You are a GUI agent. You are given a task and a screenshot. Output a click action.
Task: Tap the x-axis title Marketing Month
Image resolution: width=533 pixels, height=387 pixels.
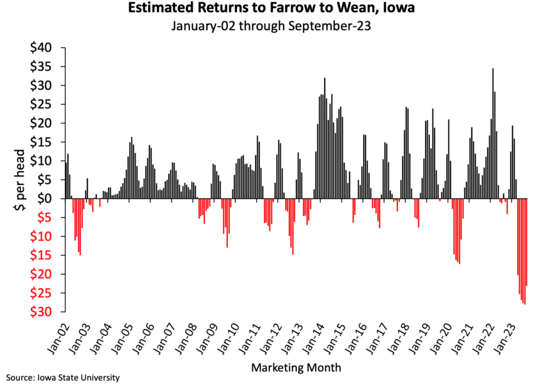pos(296,368)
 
